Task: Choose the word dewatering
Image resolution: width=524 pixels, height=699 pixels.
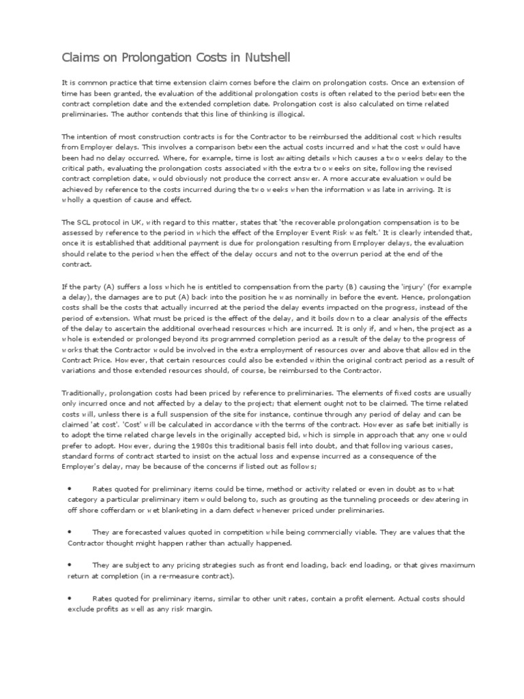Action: click(448, 500)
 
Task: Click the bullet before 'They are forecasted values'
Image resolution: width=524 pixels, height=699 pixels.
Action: click(70, 532)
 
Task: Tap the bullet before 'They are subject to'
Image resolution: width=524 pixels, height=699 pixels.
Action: click(70, 565)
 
